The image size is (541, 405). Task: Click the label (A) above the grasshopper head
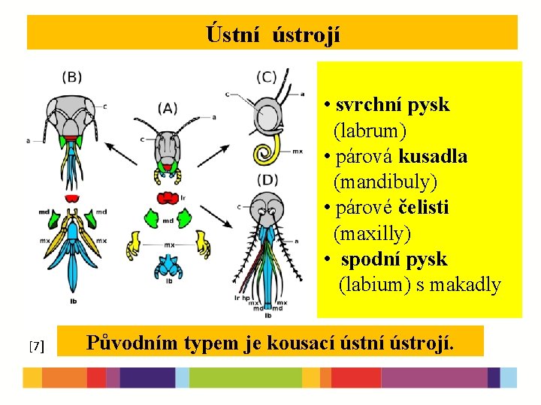[x=168, y=108]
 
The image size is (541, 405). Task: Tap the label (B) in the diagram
[x=72, y=76]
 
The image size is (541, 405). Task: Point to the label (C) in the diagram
[x=267, y=76]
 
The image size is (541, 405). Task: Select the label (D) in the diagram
[x=267, y=179]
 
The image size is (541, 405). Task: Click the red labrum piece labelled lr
[x=167, y=198]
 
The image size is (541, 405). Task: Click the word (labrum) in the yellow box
[x=370, y=131]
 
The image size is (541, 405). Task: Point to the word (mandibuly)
[x=385, y=182]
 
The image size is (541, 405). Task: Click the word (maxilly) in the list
[x=372, y=234]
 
